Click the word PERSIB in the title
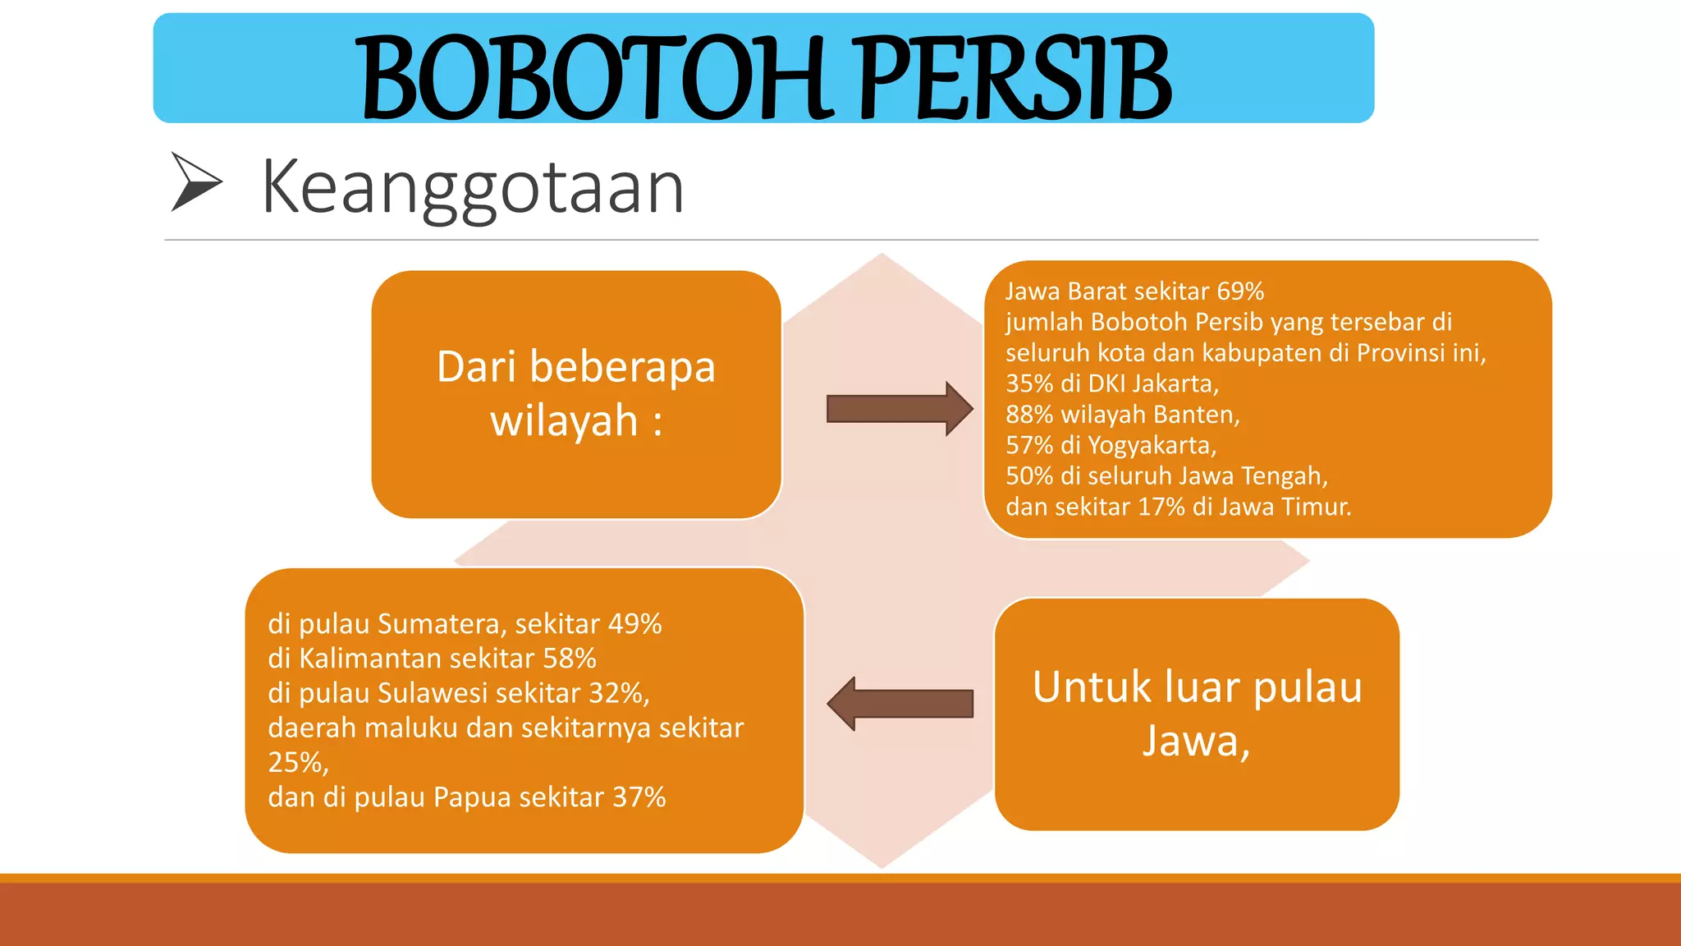pos(1015,78)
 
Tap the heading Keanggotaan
pos(473,188)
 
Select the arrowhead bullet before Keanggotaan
pos(195,181)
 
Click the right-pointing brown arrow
pos(899,408)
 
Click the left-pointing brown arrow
pos(900,704)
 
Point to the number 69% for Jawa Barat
pos(1240,292)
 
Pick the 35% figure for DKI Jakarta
pos(1029,383)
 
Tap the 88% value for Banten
pos(1029,415)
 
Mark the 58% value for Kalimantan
pos(570,659)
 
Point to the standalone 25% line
pos(297,763)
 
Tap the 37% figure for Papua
pos(639,797)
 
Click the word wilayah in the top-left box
pos(564,420)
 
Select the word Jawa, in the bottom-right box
pos(1196,741)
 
